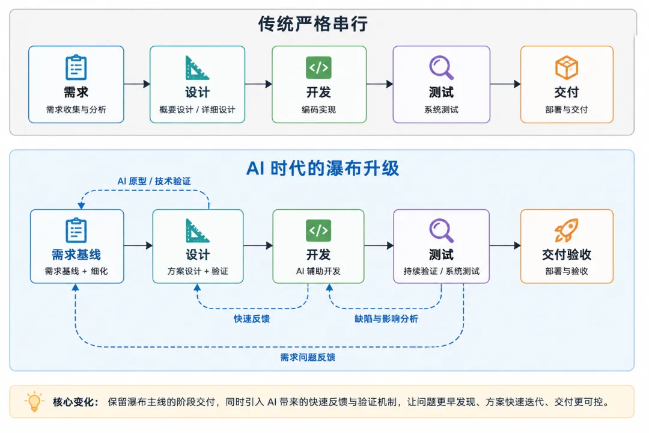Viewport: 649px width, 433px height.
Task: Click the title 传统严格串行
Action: (x=313, y=24)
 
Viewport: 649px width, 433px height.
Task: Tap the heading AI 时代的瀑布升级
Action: (x=323, y=168)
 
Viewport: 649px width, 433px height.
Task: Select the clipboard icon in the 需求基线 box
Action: (x=76, y=230)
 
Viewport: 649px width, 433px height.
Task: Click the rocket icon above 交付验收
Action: (x=566, y=230)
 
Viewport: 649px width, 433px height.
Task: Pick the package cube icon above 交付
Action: (x=566, y=67)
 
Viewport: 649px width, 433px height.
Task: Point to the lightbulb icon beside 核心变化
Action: (x=34, y=401)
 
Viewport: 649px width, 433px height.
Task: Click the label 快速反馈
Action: (x=252, y=319)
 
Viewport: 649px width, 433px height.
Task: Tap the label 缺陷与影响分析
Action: (x=386, y=319)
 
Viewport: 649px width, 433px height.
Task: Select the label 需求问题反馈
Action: (x=308, y=357)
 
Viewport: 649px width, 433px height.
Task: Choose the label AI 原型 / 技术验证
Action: (x=154, y=181)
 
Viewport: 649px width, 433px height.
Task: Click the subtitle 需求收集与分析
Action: (x=76, y=109)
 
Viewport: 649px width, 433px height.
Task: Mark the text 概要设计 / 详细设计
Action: (x=198, y=109)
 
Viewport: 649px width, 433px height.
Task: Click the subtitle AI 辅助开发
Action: (x=318, y=271)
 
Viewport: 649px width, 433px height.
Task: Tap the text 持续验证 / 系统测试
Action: (x=441, y=271)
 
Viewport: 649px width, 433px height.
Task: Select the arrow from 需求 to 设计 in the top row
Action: (x=137, y=84)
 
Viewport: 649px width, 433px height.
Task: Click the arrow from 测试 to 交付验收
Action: (x=505, y=246)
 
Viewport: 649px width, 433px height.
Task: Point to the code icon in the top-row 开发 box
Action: (x=318, y=67)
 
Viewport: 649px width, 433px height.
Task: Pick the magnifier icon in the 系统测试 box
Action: (x=441, y=67)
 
